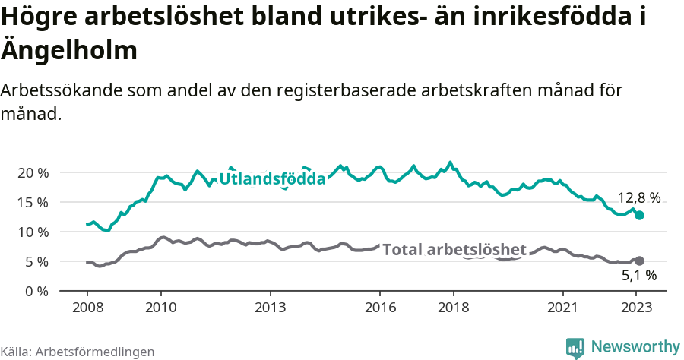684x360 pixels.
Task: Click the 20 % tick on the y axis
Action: pyautogui.click(x=33, y=172)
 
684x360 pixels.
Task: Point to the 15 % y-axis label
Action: pyautogui.click(x=33, y=202)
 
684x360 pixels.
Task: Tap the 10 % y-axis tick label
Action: pyautogui.click(x=33, y=232)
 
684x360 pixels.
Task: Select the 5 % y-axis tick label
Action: pyautogui.click(x=36, y=261)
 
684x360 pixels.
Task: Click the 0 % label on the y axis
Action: pyautogui.click(x=36, y=291)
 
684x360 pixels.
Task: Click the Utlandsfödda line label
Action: pyautogui.click(x=272, y=179)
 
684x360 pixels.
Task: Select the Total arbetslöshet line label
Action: pyautogui.click(x=454, y=250)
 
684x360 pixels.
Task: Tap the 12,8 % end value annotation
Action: pyautogui.click(x=638, y=198)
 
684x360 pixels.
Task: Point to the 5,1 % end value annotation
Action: pyautogui.click(x=638, y=276)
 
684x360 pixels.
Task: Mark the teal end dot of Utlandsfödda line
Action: pyautogui.click(x=639, y=216)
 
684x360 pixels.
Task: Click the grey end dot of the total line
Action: pyautogui.click(x=639, y=261)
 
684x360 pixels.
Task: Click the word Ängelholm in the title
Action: pyautogui.click(x=69, y=51)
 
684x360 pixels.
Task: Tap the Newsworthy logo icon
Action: pyautogui.click(x=575, y=347)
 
